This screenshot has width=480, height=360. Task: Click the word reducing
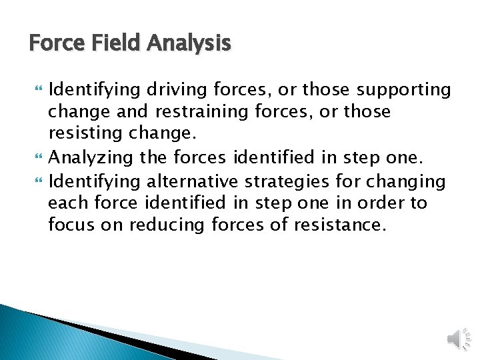pos(167,225)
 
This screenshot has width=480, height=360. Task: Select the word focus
pos(72,225)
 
